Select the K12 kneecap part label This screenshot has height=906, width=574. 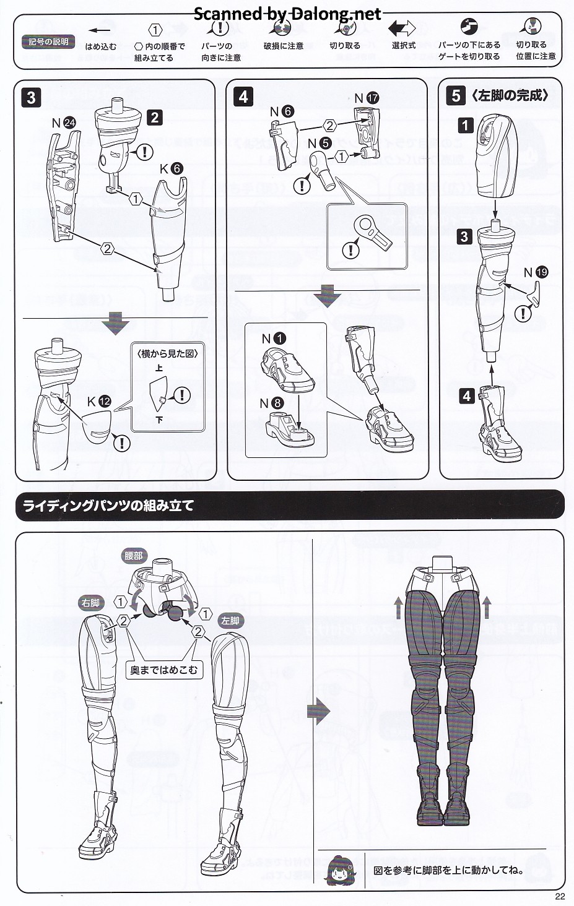click(99, 401)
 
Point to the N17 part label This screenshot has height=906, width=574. click(367, 98)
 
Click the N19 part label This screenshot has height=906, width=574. click(536, 272)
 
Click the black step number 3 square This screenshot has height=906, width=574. click(32, 98)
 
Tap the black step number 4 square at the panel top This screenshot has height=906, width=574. click(243, 97)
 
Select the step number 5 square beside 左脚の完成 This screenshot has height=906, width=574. click(456, 97)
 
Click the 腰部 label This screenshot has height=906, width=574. click(134, 556)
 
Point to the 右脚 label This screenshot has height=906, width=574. click(90, 603)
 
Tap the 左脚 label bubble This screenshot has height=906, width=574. click(230, 621)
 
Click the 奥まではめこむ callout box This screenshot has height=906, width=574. click(164, 670)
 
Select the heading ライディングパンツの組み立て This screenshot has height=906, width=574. click(108, 506)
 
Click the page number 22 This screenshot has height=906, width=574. click(560, 896)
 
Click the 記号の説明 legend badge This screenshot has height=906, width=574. click(48, 41)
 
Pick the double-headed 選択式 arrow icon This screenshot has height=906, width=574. click(402, 28)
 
